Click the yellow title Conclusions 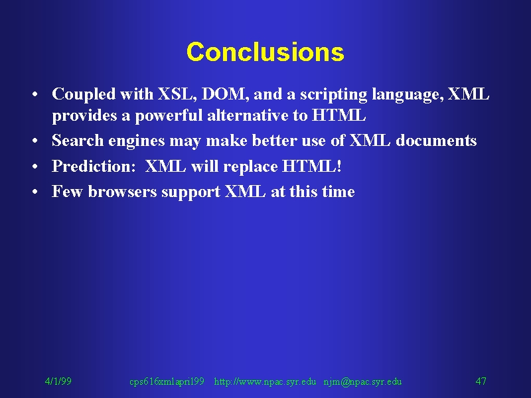tap(265, 52)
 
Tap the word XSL tap(175, 94)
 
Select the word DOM tap(223, 94)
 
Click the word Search tap(78, 141)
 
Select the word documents tap(436, 141)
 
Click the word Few tap(68, 192)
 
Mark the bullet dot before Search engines tap(35, 141)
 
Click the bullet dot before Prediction tap(35, 166)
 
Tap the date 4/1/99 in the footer tap(58, 381)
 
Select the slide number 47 tap(481, 381)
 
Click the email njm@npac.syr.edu tap(362, 382)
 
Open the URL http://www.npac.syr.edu tap(265, 382)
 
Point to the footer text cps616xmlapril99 tap(167, 382)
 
